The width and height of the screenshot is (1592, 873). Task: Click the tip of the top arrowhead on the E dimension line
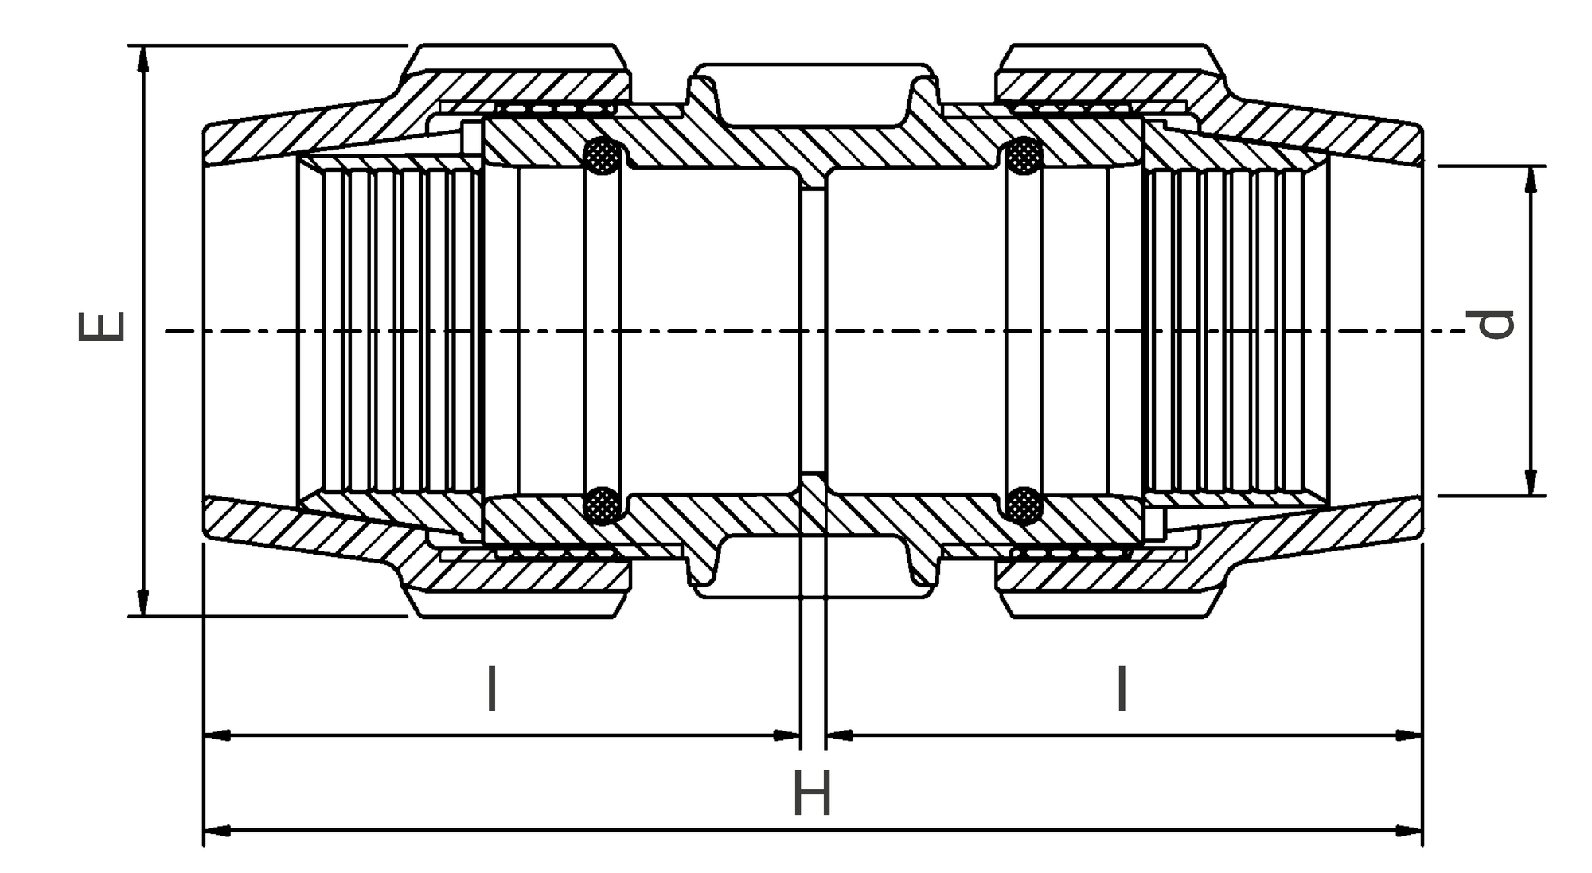[143, 46]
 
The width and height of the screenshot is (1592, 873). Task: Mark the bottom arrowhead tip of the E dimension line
[143, 616]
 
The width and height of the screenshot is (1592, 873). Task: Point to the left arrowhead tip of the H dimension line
[205, 831]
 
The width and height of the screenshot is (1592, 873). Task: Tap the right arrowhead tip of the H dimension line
[1422, 831]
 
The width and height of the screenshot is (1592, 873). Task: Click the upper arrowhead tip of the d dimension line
[1530, 166]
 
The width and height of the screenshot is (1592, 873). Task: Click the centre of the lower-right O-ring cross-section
[1024, 505]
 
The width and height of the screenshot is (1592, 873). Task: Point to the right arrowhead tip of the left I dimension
[799, 735]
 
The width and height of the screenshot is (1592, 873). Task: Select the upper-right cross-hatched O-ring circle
[1024, 155]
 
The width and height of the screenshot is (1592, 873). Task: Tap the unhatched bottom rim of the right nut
[1110, 604]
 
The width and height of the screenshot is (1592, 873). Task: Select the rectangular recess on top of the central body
[813, 95]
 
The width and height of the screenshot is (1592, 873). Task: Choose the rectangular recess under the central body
[813, 566]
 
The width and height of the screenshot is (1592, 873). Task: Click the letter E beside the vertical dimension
[102, 325]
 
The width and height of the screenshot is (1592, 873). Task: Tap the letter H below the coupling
[813, 793]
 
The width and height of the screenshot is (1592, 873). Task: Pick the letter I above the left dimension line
[492, 689]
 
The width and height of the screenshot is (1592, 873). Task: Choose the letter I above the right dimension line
[1122, 688]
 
